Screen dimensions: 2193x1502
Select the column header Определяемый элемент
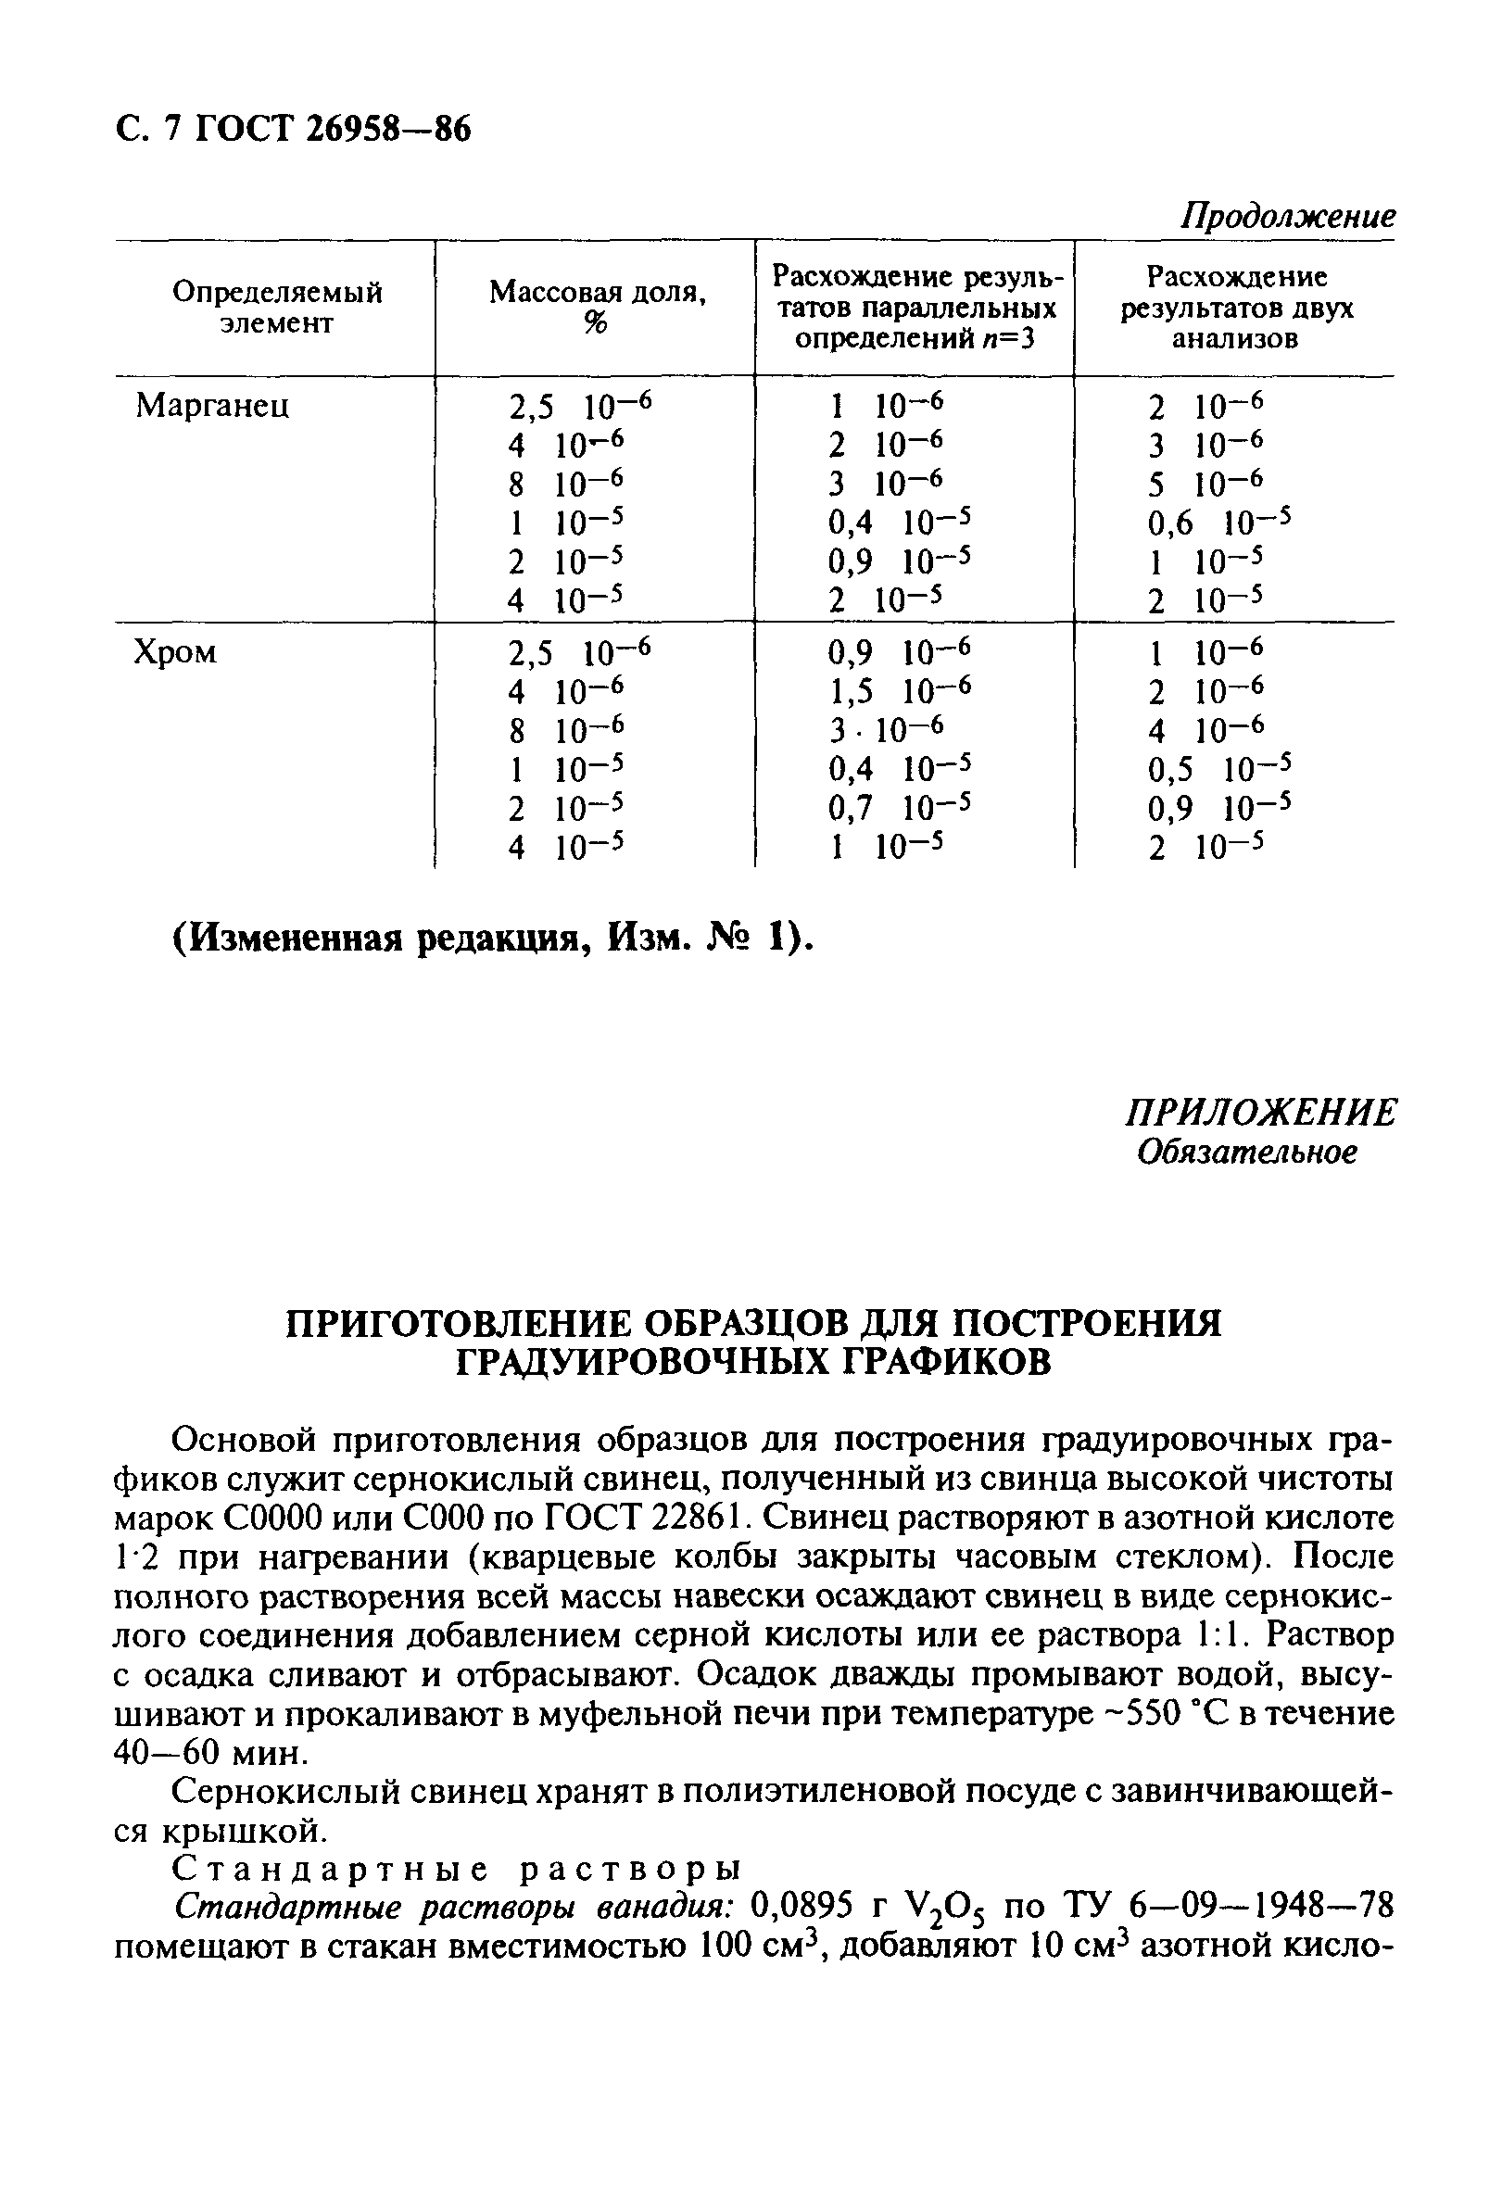(276, 308)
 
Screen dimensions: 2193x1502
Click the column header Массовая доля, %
(597, 308)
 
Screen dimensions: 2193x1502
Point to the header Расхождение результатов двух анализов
(1235, 308)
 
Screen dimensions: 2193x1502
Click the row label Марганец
(212, 406)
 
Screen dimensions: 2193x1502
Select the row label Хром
(175, 652)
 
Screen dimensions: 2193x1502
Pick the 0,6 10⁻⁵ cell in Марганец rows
(1217, 522)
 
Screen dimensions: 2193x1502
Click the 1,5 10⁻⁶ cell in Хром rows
(898, 692)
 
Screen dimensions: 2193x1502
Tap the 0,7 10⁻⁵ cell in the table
(898, 808)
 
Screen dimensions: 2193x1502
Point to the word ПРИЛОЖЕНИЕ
(1259, 1114)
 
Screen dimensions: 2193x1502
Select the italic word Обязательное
(1246, 1153)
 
